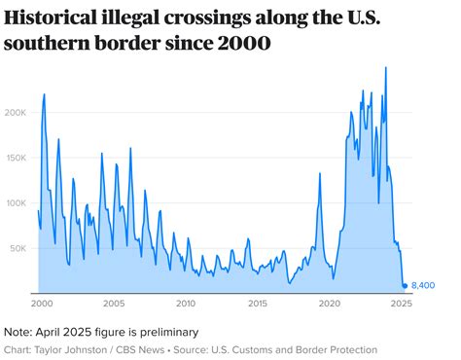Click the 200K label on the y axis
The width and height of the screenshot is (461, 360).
point(17,112)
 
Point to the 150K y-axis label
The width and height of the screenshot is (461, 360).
point(17,158)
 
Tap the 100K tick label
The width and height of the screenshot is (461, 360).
point(17,203)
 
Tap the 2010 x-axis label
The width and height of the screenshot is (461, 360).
point(185,304)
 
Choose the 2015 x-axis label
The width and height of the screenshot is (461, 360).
point(258,304)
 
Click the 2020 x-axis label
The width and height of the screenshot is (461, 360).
point(331,304)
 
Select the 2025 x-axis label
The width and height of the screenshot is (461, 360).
point(403,304)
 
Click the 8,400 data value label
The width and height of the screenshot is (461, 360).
point(424,285)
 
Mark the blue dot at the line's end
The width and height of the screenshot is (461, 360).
point(406,285)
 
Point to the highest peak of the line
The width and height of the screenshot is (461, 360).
point(386,67)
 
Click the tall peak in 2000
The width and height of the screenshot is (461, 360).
point(45,94)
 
